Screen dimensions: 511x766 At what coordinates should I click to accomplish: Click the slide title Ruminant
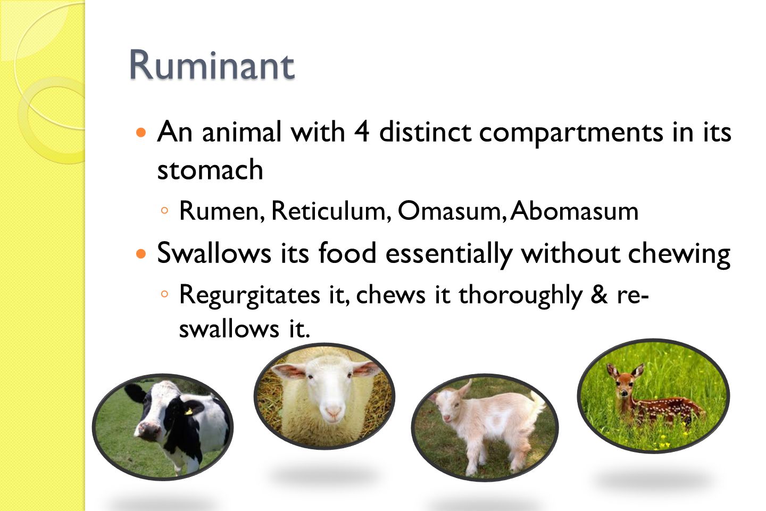(211, 65)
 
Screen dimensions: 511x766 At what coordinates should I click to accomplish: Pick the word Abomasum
(574, 211)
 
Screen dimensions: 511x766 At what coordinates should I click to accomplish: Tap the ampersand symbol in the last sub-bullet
(599, 294)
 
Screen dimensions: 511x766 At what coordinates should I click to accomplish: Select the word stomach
(210, 170)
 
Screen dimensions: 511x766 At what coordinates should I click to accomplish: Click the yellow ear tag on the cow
(188, 411)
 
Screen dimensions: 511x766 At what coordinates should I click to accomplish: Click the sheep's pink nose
(334, 411)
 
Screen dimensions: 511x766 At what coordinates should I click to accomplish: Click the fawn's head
(623, 379)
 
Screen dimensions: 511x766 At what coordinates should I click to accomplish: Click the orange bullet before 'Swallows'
(141, 253)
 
